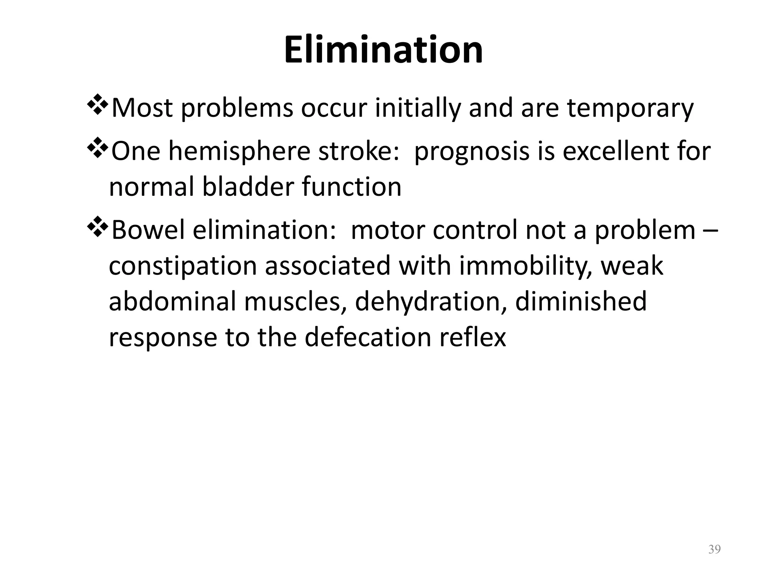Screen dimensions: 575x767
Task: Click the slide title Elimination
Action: (x=383, y=50)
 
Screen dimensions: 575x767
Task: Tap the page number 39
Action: (x=715, y=550)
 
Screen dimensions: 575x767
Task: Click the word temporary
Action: (x=630, y=109)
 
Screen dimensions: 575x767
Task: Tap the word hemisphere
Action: (x=239, y=152)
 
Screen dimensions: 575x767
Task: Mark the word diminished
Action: (x=581, y=302)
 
